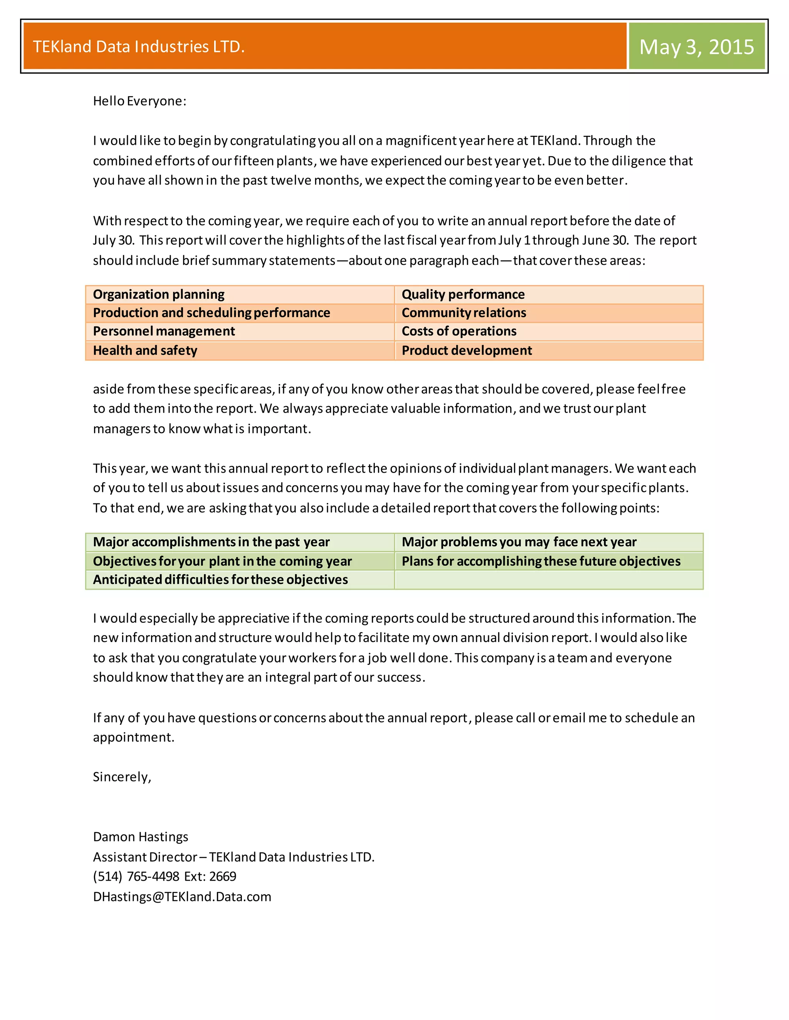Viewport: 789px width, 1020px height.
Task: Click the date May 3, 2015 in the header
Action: coord(696,47)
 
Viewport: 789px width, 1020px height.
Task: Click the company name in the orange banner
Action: coord(139,47)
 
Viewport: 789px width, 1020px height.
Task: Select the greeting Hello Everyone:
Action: coord(139,101)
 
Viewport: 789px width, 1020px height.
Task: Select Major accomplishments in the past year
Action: coord(211,542)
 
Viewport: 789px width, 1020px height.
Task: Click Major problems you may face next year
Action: coord(519,542)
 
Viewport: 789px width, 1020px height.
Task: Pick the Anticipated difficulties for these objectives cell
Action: coord(220,580)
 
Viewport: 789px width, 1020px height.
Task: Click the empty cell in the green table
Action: coord(548,580)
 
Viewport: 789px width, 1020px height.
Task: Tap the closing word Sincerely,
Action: coord(122,777)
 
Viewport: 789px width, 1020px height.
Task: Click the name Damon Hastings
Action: coord(140,836)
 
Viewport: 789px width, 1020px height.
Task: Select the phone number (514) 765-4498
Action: coord(136,876)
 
